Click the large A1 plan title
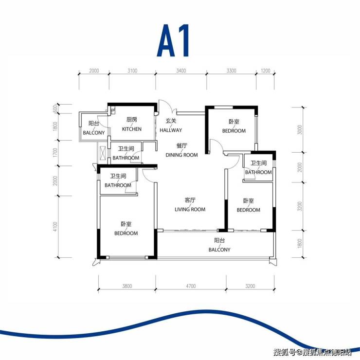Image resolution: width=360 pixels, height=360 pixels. [173, 40]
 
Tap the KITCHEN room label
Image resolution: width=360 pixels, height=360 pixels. [132, 129]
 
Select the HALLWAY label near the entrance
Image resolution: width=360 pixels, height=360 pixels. [171, 130]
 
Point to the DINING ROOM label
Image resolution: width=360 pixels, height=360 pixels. [181, 155]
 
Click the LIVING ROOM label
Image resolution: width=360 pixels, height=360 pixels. [190, 209]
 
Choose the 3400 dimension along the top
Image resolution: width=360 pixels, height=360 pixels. [181, 71]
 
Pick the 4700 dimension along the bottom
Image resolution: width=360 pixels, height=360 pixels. [191, 286]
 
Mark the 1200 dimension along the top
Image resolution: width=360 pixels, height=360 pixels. [266, 71]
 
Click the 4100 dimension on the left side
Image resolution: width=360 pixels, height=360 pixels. [55, 227]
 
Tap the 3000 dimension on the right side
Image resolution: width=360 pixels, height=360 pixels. [300, 130]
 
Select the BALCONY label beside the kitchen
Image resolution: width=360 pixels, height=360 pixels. [94, 133]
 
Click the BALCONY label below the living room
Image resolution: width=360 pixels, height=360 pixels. [219, 250]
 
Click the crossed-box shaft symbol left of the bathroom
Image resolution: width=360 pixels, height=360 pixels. [103, 152]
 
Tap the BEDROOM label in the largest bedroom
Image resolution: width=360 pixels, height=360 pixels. [126, 233]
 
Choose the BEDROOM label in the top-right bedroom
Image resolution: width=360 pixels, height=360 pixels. [234, 131]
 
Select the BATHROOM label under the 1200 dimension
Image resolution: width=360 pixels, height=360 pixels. [258, 172]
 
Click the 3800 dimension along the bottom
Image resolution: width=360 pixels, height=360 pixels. [127, 286]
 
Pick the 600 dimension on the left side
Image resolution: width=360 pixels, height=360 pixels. [55, 108]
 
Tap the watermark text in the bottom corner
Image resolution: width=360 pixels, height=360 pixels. [312, 352]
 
